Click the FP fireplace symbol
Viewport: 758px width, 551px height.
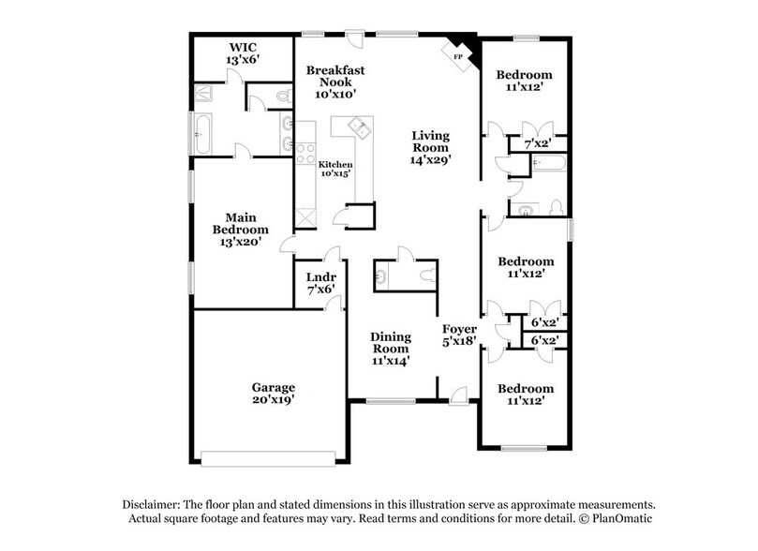[x=459, y=55]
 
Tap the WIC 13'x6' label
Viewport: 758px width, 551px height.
[x=242, y=52]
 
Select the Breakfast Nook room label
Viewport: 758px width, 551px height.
[x=335, y=82]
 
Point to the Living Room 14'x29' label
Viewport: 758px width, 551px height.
[x=431, y=147]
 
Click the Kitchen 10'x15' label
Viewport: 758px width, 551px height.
[x=335, y=169]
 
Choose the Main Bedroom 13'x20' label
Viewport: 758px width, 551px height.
[x=240, y=230]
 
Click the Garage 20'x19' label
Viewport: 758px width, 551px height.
[x=273, y=394]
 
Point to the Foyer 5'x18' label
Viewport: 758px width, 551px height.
[x=459, y=335]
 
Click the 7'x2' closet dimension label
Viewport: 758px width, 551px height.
[x=536, y=144]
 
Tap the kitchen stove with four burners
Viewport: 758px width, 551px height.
[x=305, y=152]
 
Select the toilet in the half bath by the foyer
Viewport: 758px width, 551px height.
[x=427, y=275]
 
